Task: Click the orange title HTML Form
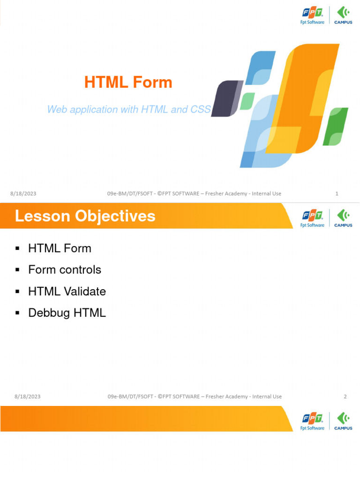pos(128,82)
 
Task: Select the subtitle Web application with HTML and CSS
pos(129,110)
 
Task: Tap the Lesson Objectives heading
pos(85,216)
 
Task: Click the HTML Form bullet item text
pos(60,248)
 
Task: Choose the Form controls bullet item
pos(65,270)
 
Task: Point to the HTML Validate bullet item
pos(67,292)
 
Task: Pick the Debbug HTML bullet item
pos(67,313)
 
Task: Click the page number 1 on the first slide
pos(337,194)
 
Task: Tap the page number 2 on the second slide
pos(345,397)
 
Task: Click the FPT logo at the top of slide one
pos(312,15)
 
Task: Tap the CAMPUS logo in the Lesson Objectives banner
pos(343,218)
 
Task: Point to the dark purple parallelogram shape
pos(226,98)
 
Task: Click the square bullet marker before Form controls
pos(17,270)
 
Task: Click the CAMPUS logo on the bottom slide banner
pos(343,421)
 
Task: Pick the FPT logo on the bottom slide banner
pos(312,421)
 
